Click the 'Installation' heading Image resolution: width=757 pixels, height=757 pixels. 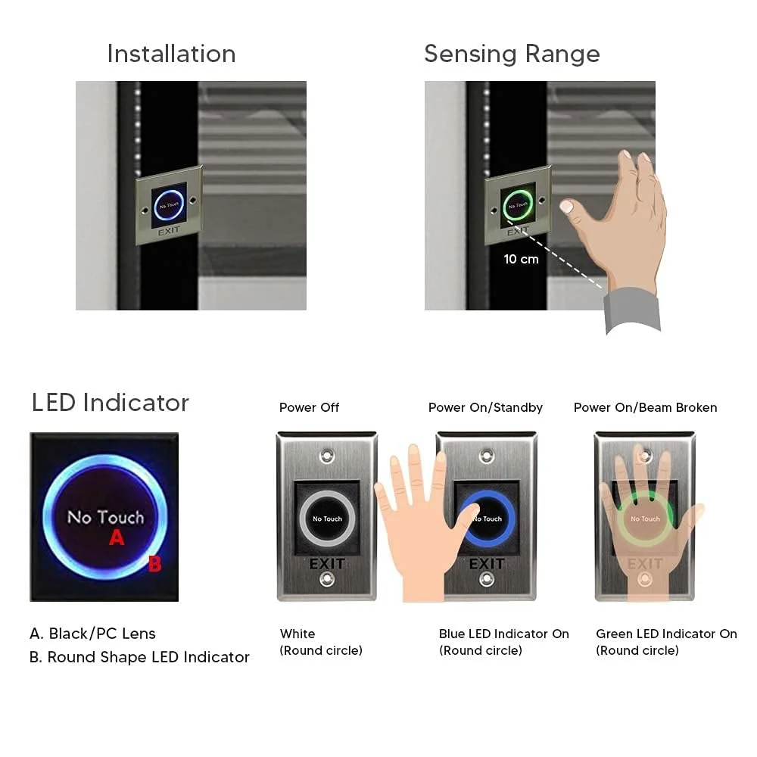[x=171, y=54]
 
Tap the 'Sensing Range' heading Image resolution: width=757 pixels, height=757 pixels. [x=512, y=54]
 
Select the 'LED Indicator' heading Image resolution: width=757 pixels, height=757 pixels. [x=110, y=403]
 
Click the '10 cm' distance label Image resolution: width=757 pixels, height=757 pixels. [x=521, y=259]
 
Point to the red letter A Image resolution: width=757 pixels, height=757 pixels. [x=117, y=537]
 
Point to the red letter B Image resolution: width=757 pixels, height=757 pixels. [x=154, y=563]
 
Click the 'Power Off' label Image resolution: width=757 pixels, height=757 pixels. [x=309, y=407]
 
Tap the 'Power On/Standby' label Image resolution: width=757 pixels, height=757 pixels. [x=485, y=407]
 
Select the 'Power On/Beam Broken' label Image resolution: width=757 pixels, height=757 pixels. [x=645, y=407]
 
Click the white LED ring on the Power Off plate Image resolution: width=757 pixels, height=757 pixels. [x=302, y=519]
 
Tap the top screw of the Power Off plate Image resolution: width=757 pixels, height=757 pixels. [x=327, y=455]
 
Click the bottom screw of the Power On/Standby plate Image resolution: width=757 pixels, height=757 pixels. [x=486, y=578]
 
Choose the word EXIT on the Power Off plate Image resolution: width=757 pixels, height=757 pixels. [x=327, y=563]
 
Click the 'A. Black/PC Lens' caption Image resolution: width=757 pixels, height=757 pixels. [x=92, y=634]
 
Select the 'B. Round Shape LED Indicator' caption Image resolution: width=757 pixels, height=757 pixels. [x=139, y=657]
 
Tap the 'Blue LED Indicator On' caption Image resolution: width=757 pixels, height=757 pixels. [x=504, y=634]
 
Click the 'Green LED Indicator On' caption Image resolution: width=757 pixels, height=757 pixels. [x=666, y=634]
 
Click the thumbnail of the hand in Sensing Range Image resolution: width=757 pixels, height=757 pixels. [x=566, y=207]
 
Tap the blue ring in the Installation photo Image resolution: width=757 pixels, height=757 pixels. [x=156, y=205]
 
